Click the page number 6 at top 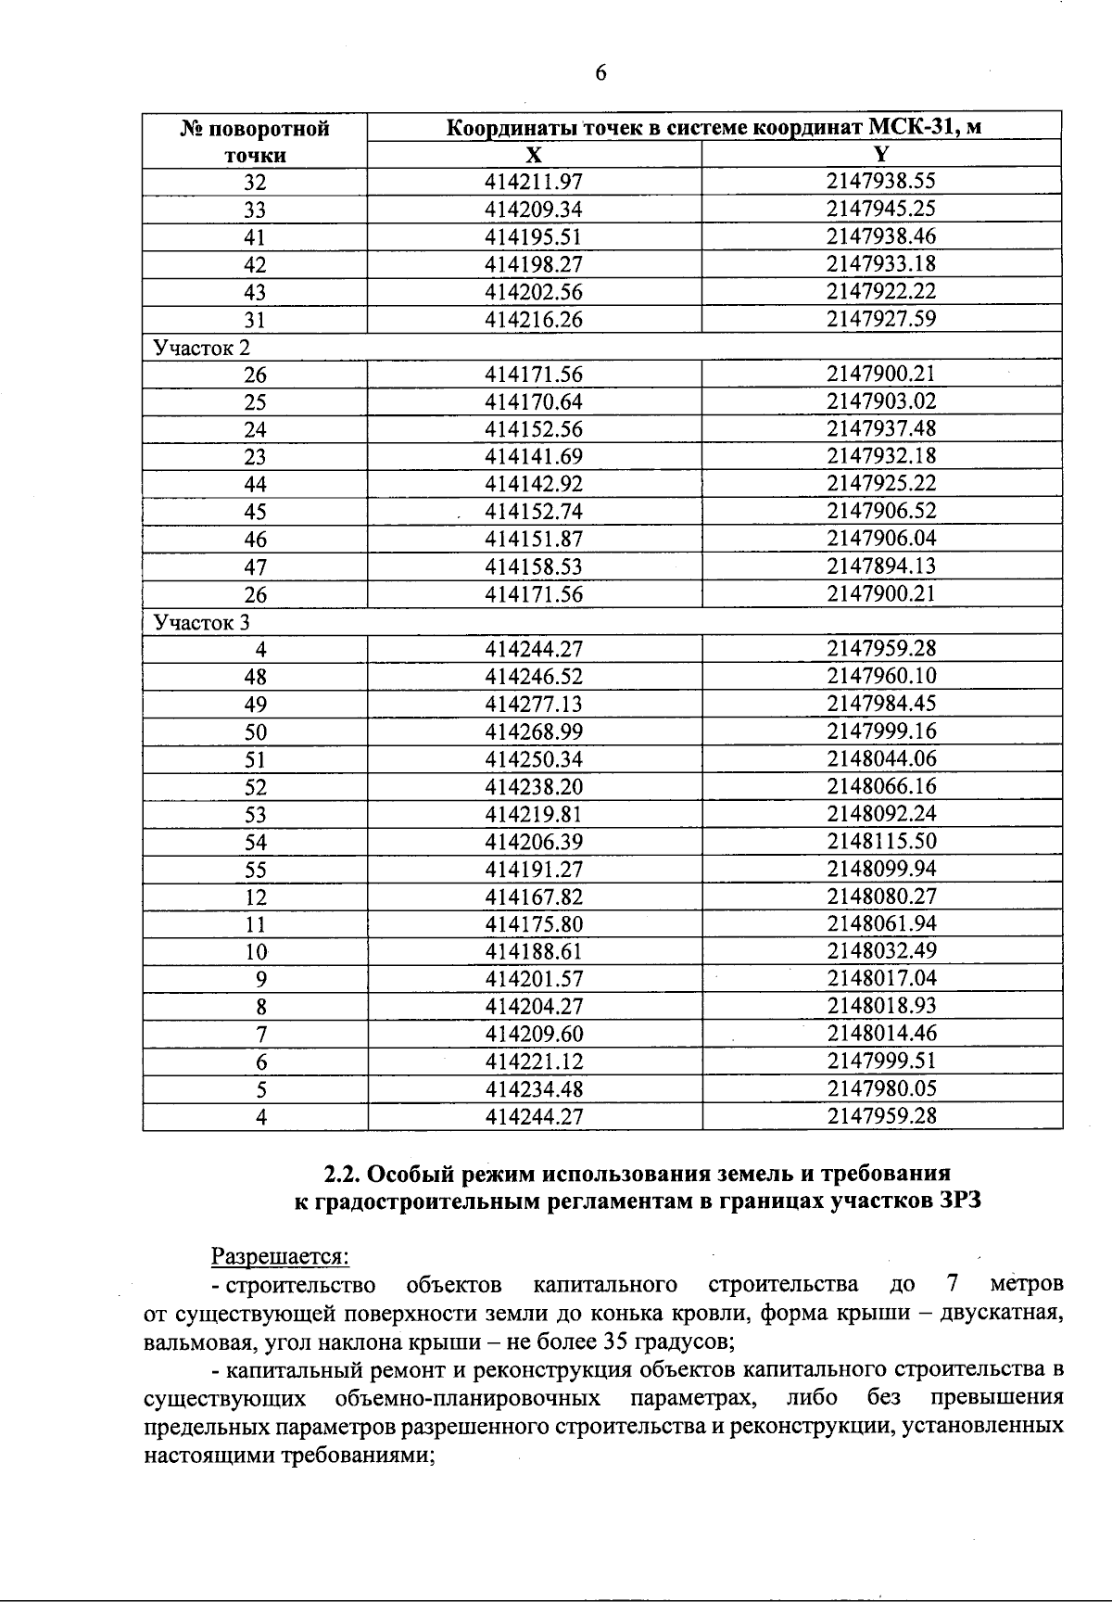600,74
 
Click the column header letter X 534,155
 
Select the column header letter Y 881,155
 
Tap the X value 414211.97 534,182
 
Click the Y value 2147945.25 881,209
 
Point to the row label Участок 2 201,348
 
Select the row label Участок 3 201,622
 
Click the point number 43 255,292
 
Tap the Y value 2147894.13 881,566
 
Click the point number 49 255,705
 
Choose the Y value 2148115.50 881,842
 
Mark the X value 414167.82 534,896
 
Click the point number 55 255,870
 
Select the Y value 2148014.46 881,1034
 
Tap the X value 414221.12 534,1062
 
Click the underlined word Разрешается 281,1257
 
